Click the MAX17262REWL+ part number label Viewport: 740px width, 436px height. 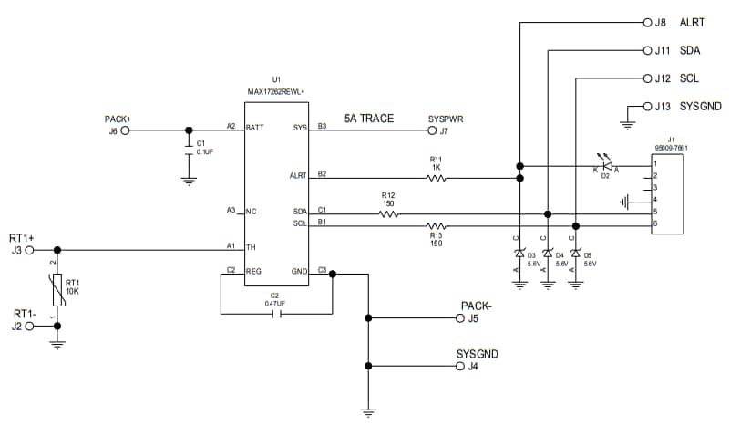coord(277,91)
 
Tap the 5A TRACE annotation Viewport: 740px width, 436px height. coord(369,119)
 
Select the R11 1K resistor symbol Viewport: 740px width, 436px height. coord(436,179)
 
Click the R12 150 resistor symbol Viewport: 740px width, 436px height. coord(388,214)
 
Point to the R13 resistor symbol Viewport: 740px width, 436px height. coord(437,225)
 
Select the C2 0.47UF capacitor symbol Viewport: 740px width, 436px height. coord(276,314)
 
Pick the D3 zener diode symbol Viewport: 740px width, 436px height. coord(519,253)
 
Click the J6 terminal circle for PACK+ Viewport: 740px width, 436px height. coord(126,130)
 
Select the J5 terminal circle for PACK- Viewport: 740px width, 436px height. coord(459,318)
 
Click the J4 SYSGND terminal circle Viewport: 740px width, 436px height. coord(459,366)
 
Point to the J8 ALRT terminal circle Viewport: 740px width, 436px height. coord(647,21)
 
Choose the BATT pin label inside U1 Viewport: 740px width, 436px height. coord(255,128)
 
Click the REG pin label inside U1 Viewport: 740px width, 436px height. coord(254,272)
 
